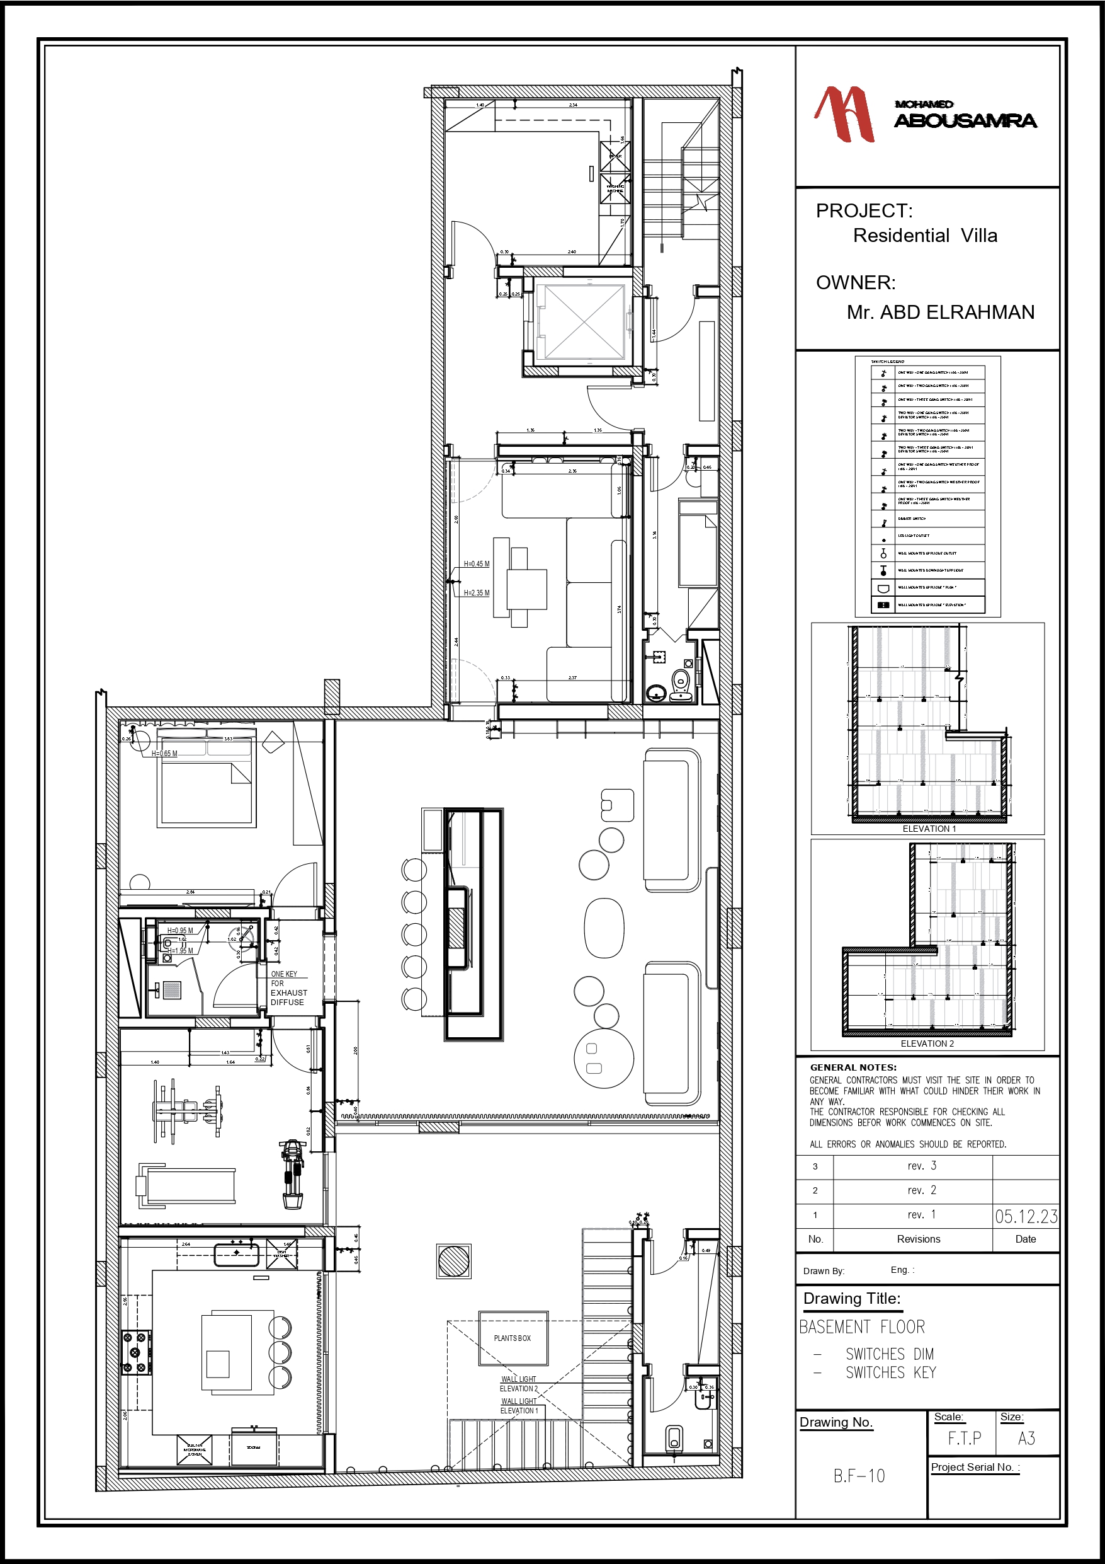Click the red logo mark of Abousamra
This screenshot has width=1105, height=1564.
click(844, 114)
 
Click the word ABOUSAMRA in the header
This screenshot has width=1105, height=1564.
click(965, 121)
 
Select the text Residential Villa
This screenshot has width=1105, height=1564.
click(924, 236)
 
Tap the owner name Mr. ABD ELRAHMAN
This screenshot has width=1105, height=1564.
click(939, 313)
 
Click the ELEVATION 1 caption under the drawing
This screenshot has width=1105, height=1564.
click(929, 829)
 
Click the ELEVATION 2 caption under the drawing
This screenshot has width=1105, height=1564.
click(927, 1044)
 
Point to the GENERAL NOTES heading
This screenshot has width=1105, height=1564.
click(853, 1067)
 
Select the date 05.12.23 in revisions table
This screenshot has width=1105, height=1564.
click(1025, 1217)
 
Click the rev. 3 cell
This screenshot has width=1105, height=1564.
click(921, 1166)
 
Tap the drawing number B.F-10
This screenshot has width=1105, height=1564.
click(859, 1476)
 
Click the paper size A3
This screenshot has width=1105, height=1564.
click(1026, 1439)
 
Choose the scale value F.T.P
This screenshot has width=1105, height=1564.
click(964, 1439)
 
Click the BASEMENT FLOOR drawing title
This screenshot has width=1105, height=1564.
click(861, 1327)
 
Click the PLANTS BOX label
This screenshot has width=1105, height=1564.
click(512, 1338)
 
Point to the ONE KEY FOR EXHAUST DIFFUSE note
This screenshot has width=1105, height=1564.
click(288, 989)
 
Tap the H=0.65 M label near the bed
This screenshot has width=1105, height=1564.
click(164, 754)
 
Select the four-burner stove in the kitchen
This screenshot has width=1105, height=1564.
click(136, 1353)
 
